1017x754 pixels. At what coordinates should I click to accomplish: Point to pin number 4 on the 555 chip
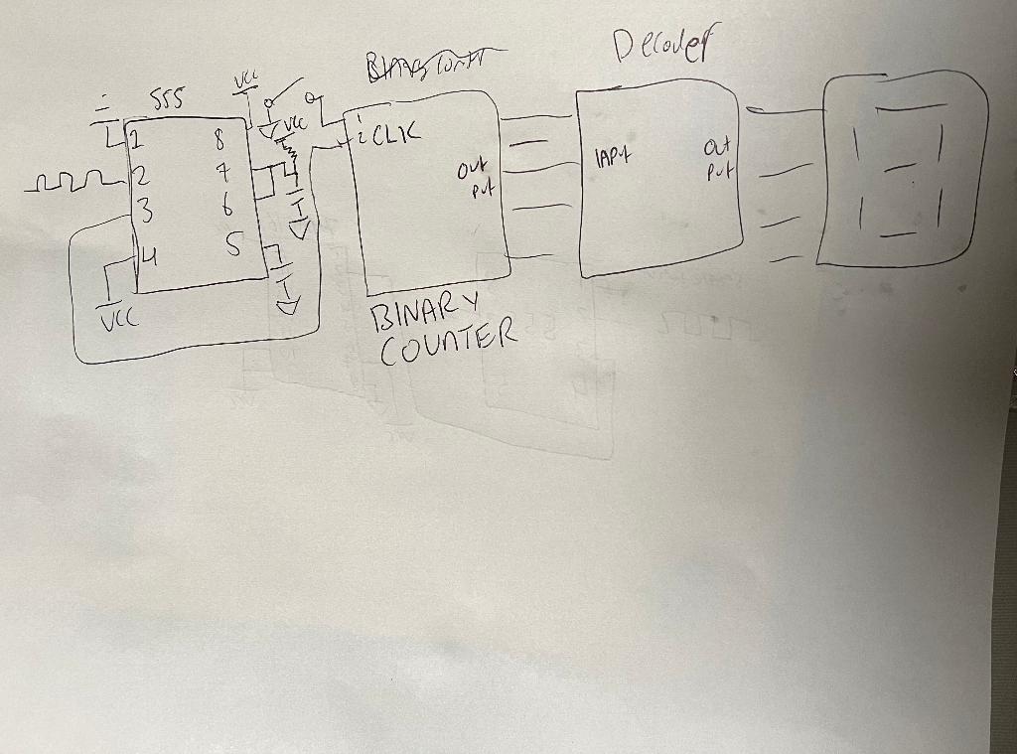click(x=146, y=257)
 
